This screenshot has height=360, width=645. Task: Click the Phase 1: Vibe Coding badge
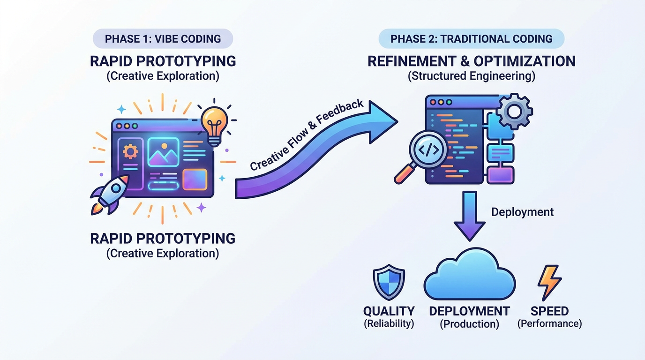click(163, 39)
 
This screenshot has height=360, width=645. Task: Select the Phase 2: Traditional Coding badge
click(471, 39)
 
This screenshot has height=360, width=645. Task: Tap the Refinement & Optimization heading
click(471, 61)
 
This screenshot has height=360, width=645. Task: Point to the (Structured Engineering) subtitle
click(471, 76)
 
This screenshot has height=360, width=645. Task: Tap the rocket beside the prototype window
click(111, 192)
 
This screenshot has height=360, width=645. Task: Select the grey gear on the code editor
click(514, 111)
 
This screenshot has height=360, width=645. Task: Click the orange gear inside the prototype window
click(130, 151)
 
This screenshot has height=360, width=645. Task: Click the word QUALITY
click(389, 311)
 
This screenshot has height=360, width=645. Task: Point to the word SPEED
click(549, 311)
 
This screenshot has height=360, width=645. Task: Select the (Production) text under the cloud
click(469, 324)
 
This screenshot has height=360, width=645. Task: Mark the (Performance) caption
click(549, 323)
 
